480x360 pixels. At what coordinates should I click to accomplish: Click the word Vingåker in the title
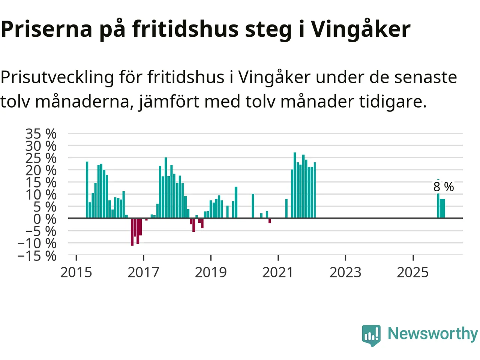[x=360, y=29]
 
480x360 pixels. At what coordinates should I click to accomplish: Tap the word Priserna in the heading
[x=46, y=29]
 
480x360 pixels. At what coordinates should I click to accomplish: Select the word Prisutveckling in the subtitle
[x=57, y=78]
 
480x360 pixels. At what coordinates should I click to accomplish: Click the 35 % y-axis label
[x=41, y=133]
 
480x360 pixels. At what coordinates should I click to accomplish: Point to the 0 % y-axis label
[x=45, y=219]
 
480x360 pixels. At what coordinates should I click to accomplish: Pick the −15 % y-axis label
[x=37, y=256]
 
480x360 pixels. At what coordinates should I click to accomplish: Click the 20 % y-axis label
[x=41, y=170]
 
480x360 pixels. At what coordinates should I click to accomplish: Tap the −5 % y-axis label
[x=41, y=231]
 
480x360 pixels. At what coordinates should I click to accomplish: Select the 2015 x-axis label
[x=76, y=273]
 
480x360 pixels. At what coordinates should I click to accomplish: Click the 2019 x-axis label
[x=211, y=273]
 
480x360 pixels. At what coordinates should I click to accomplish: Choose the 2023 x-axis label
[x=345, y=273]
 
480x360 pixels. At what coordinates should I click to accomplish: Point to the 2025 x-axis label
[x=412, y=273]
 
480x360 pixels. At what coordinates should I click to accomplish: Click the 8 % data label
[x=444, y=187]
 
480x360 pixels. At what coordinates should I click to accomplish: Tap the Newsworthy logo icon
[x=371, y=335]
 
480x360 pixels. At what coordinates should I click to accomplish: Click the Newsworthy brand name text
[x=433, y=333]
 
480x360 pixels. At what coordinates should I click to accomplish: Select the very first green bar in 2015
[x=87, y=190]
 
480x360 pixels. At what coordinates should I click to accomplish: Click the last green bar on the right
[x=444, y=208]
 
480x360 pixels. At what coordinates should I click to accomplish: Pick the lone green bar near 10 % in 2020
[x=253, y=206]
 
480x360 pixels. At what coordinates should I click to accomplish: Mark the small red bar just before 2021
[x=270, y=221]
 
